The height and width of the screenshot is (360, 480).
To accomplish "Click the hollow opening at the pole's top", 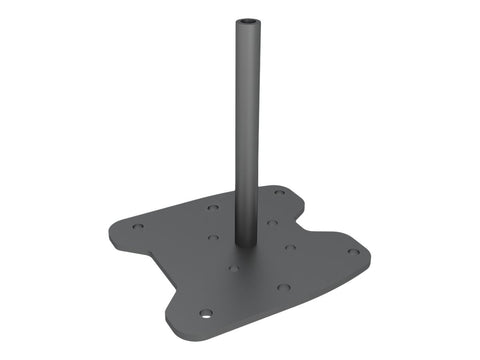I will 245,22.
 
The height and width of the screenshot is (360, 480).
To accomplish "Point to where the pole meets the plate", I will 245,244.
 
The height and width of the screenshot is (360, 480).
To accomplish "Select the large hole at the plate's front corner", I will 205,313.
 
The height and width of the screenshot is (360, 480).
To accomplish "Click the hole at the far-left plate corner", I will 138,226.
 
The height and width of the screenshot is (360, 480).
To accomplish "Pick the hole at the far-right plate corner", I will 353,252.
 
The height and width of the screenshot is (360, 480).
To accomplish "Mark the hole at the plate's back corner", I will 279,192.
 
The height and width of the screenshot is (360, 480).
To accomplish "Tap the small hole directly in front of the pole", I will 233,267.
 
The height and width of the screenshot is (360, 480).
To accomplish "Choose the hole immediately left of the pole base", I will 213,238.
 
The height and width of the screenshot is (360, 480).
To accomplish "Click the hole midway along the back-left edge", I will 213,207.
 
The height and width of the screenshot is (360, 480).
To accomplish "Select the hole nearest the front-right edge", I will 284,287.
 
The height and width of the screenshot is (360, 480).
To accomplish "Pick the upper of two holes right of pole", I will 272,222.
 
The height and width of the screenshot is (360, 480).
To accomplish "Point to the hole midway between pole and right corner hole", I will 290,247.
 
